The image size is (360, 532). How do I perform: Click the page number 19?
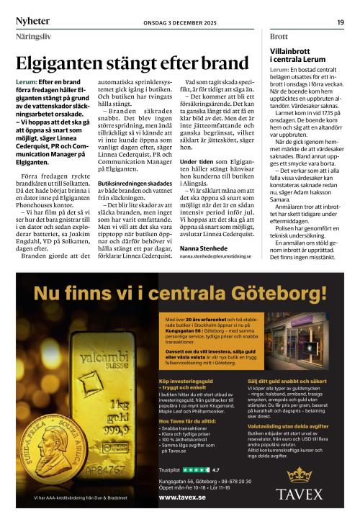click(340, 22)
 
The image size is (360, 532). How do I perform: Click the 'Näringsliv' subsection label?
click(34, 35)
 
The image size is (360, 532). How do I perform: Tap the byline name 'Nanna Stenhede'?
click(204, 248)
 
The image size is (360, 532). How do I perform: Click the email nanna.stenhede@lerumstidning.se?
click(215, 256)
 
